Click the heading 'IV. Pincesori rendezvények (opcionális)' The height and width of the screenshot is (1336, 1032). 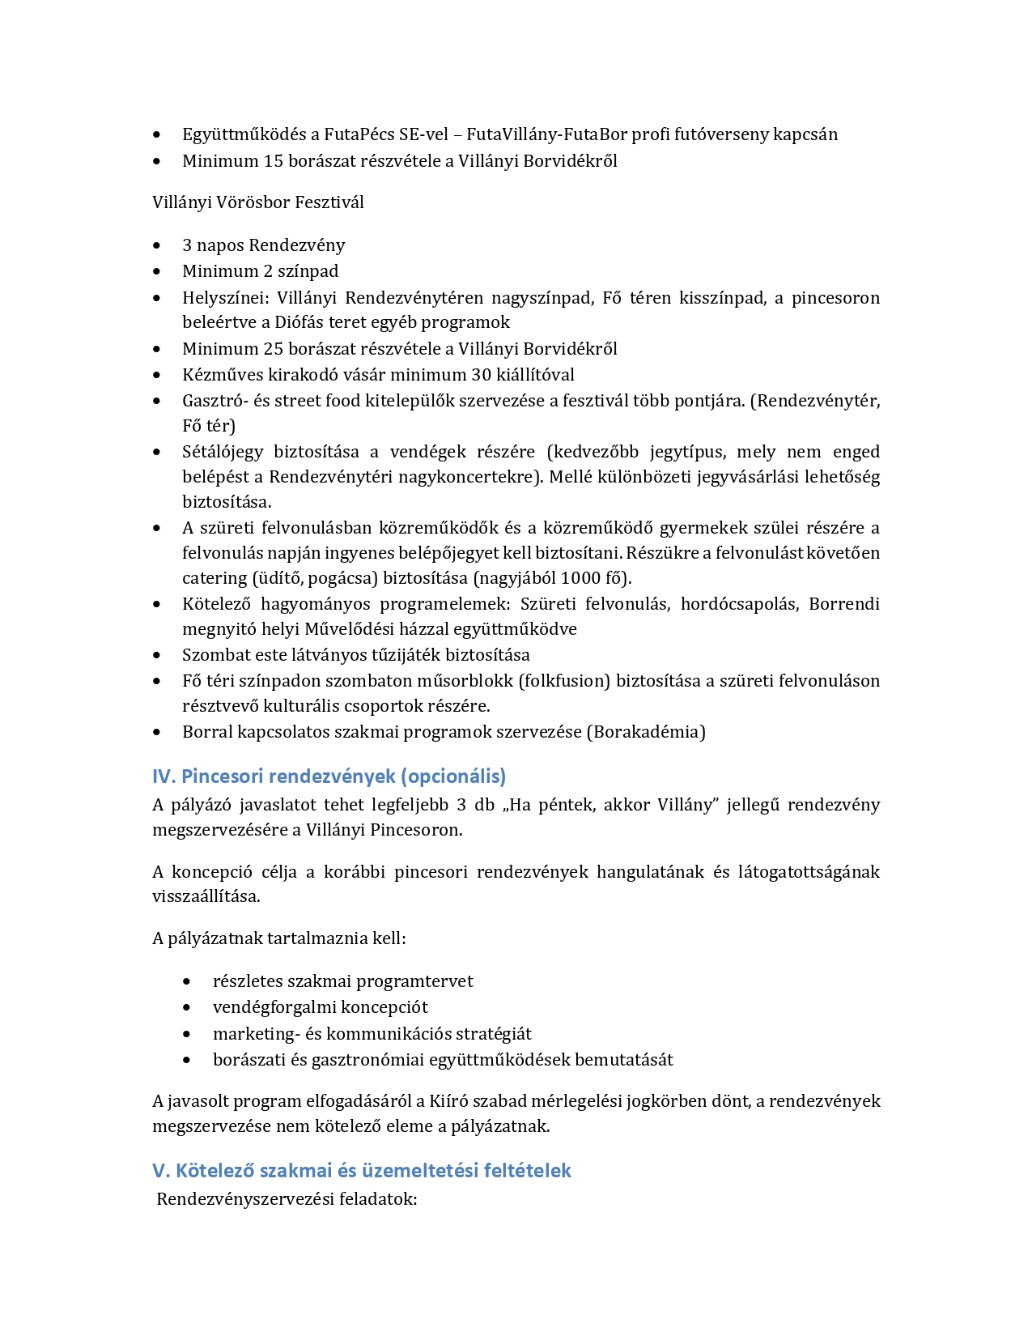click(x=329, y=776)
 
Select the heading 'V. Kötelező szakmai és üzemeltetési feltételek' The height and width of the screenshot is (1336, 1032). click(x=361, y=1171)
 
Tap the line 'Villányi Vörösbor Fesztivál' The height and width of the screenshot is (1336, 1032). click(x=257, y=202)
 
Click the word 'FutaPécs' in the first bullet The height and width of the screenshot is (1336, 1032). click(x=359, y=134)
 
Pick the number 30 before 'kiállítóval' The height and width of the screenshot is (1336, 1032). click(x=482, y=375)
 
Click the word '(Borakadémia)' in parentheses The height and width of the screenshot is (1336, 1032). click(x=646, y=732)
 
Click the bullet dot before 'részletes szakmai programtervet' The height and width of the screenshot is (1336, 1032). click(x=188, y=981)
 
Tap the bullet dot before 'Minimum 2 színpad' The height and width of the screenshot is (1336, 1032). click(x=157, y=271)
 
